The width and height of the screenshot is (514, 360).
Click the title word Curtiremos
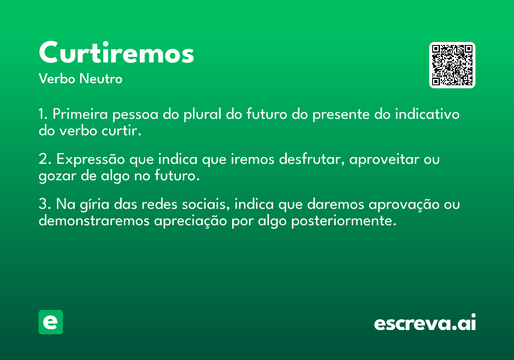coord(117,52)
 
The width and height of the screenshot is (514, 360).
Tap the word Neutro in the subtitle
coord(101,79)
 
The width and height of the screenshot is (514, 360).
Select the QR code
coord(452,65)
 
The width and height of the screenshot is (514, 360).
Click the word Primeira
coord(80,114)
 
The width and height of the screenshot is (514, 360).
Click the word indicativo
coord(427,114)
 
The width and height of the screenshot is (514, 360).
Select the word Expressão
coord(91,159)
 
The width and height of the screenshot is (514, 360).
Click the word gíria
coord(95,204)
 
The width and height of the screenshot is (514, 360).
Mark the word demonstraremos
coord(94,220)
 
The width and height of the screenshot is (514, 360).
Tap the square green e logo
coord(51,322)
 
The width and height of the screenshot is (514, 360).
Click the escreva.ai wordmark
coord(425,322)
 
